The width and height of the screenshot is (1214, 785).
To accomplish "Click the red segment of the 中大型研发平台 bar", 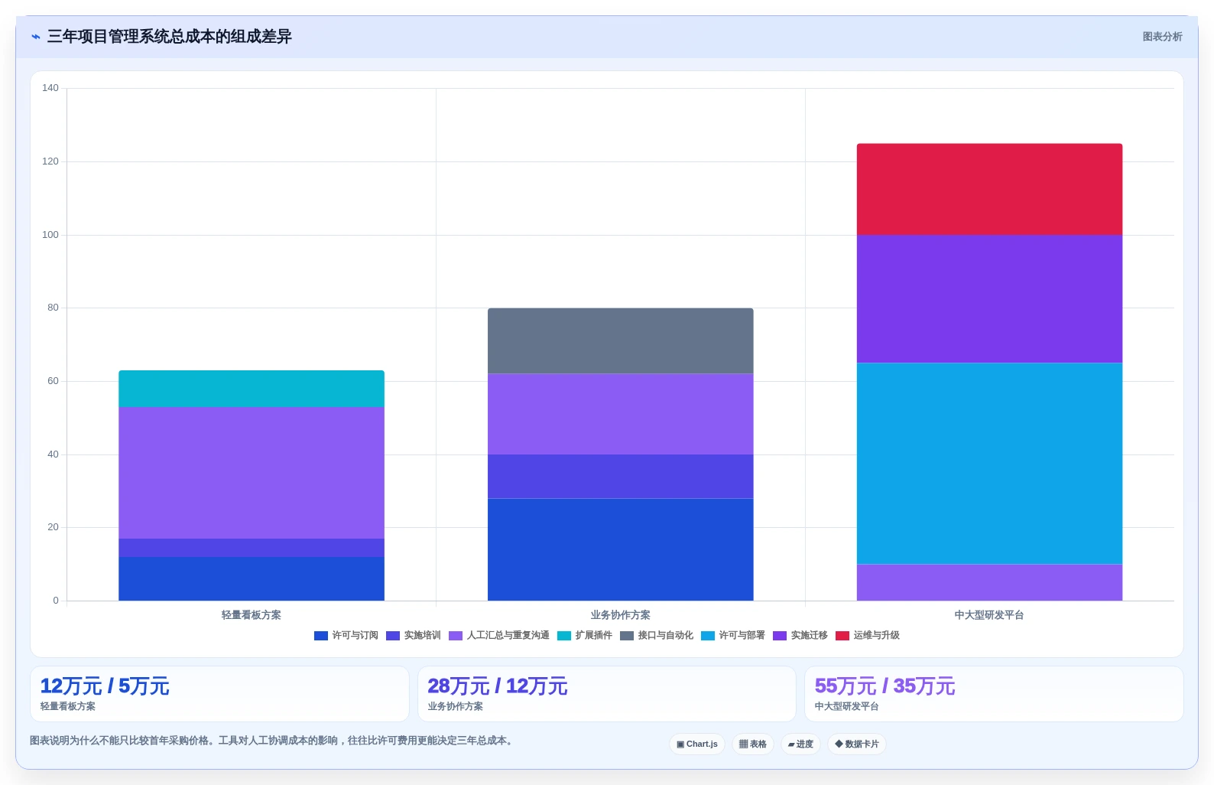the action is [x=989, y=189].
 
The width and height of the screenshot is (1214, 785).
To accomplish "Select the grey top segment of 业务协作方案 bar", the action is [x=621, y=340].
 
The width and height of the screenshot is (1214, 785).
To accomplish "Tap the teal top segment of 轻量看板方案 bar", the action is [x=252, y=389].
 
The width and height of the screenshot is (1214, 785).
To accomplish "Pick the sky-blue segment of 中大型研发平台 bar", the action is [x=989, y=464].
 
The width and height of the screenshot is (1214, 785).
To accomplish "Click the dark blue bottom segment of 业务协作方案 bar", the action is [x=621, y=549].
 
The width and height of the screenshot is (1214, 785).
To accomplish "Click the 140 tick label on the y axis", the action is [x=50, y=88].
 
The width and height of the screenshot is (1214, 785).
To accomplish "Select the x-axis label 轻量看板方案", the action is [x=251, y=615].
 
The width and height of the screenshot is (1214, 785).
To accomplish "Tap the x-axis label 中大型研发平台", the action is [x=989, y=615].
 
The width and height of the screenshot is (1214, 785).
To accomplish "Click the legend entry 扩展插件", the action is [x=585, y=635].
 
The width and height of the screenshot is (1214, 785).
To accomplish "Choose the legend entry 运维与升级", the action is [x=867, y=635].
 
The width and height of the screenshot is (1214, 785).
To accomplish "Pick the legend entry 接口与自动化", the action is [x=657, y=635].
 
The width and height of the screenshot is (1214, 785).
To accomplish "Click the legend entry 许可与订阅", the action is [x=346, y=635].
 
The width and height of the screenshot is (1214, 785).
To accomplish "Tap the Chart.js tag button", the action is [x=697, y=744].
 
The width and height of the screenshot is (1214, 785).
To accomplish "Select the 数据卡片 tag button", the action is [x=857, y=744].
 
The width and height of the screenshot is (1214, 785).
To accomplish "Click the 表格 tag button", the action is [x=753, y=744].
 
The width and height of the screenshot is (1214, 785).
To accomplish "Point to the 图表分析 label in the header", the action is [x=1163, y=37].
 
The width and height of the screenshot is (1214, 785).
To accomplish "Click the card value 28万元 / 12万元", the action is [x=498, y=686].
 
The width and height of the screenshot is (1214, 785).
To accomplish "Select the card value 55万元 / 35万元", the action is [x=885, y=686].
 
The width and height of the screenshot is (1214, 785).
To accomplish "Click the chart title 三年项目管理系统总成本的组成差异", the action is [x=170, y=37].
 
